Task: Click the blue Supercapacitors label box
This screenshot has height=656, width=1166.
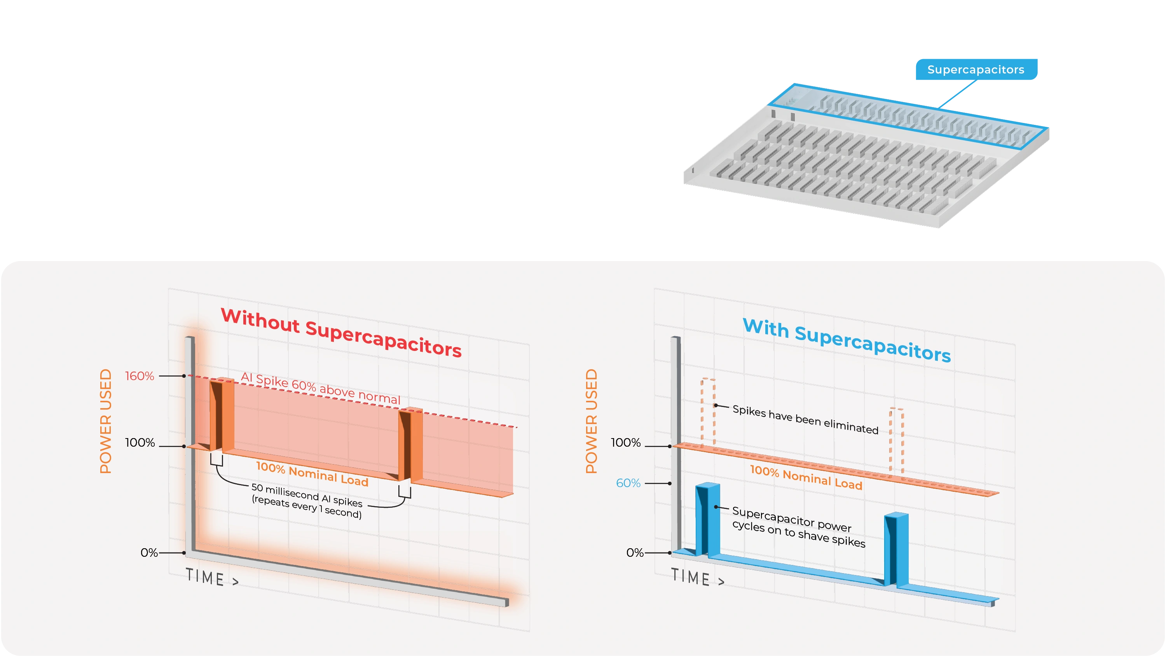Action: (976, 69)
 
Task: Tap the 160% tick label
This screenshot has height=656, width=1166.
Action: (140, 376)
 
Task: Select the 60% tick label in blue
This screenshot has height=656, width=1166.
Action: (628, 483)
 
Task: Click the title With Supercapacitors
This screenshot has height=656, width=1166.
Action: (847, 340)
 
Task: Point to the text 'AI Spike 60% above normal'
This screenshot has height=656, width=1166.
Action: (321, 388)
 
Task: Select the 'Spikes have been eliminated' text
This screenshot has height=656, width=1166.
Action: (805, 419)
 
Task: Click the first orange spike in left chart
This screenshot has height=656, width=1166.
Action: (222, 414)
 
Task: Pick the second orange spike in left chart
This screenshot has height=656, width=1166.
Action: (410, 444)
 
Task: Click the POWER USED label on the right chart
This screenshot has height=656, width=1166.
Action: (591, 421)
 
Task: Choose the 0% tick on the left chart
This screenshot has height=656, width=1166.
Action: (149, 553)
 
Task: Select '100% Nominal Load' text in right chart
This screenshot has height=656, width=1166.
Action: (806, 477)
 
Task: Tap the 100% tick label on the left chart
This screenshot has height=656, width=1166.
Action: (140, 443)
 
